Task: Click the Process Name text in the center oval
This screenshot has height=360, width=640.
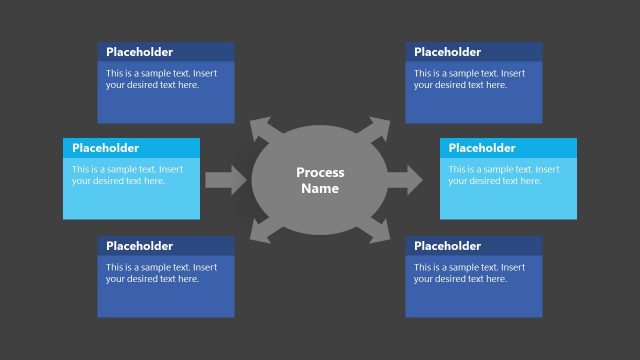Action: pos(320,180)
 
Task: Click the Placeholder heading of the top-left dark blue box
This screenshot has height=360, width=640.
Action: pos(139,52)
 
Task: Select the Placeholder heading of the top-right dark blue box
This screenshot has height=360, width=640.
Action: pos(447,52)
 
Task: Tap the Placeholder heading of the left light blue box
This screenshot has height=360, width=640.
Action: pos(105,148)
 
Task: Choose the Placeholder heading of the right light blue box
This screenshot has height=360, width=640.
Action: pos(482,148)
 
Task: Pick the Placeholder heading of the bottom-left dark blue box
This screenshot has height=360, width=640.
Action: pos(139,246)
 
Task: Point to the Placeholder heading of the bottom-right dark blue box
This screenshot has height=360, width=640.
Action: pos(447,246)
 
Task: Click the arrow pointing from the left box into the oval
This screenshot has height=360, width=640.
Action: pos(225,180)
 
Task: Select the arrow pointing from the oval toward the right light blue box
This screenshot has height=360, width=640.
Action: pos(404,180)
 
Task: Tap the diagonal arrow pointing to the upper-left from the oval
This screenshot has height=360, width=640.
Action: pos(262,128)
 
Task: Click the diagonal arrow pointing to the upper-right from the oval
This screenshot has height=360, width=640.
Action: pos(377,128)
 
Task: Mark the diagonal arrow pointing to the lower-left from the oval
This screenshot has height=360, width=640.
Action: pos(262,233)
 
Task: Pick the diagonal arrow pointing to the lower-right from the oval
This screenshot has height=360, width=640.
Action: pos(377,233)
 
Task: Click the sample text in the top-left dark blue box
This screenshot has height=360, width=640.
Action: pos(161,79)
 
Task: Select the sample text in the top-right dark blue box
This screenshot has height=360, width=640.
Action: pos(469,79)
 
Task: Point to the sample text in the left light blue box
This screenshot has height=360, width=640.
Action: pos(127,175)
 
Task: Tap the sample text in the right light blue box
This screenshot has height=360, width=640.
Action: pos(503,175)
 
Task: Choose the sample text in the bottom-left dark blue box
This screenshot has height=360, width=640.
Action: pos(161,273)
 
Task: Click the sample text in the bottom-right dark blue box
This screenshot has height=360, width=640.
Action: pos(469,273)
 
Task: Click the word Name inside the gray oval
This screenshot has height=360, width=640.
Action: pos(320,189)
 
